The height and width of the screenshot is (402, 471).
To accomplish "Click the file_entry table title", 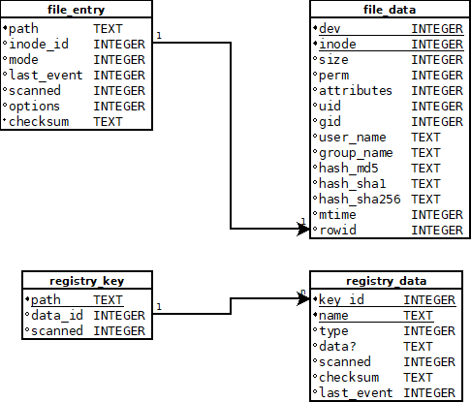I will click(77, 10).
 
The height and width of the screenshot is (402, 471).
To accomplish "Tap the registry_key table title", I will click(86, 281).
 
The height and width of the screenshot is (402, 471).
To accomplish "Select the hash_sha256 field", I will click(360, 199).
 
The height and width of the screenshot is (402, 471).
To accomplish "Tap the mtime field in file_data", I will click(339, 214).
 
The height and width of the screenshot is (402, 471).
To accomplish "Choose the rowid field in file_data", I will click(337, 230).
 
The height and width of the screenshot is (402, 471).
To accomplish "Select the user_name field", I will click(352, 137).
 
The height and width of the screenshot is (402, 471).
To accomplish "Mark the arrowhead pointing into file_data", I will click(302, 229).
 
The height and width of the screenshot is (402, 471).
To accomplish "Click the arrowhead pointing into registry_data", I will click(302, 299).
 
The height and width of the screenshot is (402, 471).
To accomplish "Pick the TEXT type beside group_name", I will click(425, 152).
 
